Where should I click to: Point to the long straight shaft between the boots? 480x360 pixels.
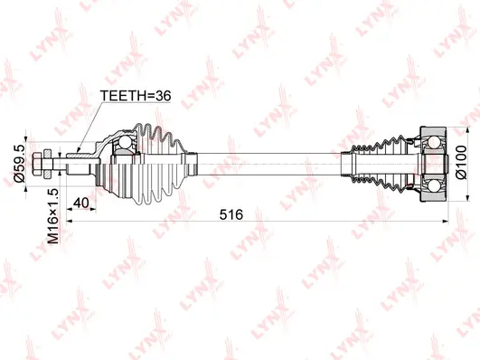tap(271, 164)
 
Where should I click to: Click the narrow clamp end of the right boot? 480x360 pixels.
tap(348, 164)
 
